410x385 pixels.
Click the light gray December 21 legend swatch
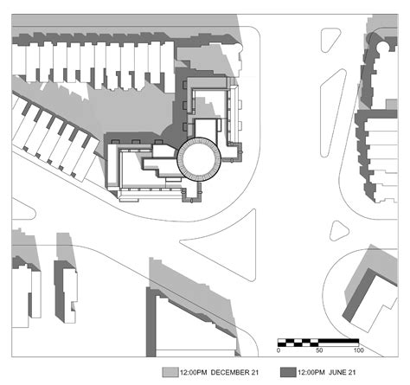pyautogui.click(x=170, y=372)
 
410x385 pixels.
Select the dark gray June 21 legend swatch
pyautogui.click(x=288, y=372)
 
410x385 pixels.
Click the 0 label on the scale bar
pyautogui.click(x=279, y=350)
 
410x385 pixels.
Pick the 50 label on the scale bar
pyautogui.click(x=319, y=350)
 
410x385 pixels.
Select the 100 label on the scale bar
pyautogui.click(x=358, y=350)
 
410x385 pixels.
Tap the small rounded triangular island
pyautogui.click(x=338, y=231)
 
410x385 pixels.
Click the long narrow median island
pyautogui.click(x=334, y=112)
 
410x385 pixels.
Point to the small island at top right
pyautogui.click(x=330, y=40)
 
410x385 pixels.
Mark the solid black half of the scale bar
pyautogui.click(x=338, y=343)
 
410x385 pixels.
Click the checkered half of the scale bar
pyautogui.click(x=298, y=343)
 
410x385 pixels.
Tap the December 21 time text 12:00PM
pyautogui.click(x=194, y=372)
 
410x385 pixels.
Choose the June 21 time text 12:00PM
pyautogui.click(x=311, y=372)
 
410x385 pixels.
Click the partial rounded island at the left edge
pyautogui.click(x=23, y=210)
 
